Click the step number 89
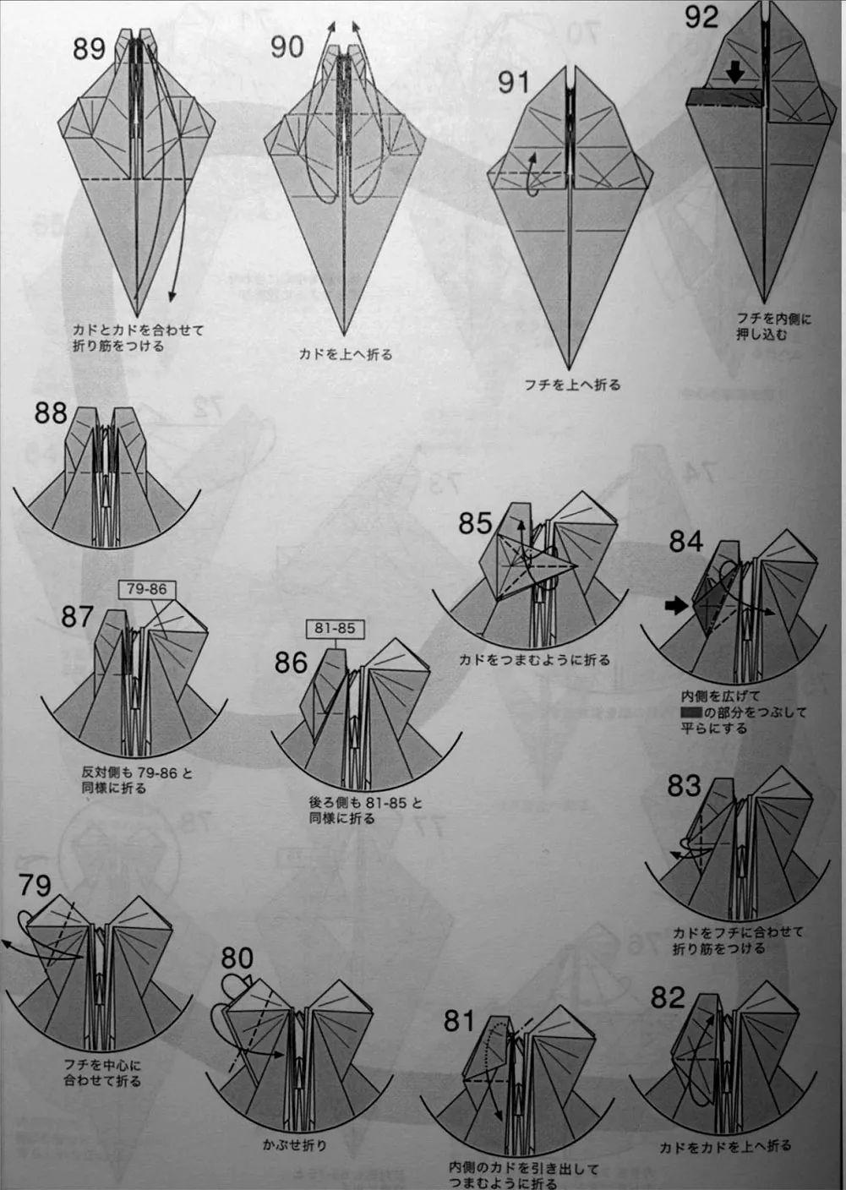coord(89,48)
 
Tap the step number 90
coord(287,46)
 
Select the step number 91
coord(514,82)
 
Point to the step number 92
coord(701,16)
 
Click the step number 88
coord(51,413)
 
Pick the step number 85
coord(475,523)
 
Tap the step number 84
coord(685,541)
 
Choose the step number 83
coord(684,785)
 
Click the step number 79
coord(35,886)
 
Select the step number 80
coord(237,958)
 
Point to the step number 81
coord(460,1021)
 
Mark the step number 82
coord(668,998)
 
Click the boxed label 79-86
coord(146,589)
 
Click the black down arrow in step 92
coord(735,74)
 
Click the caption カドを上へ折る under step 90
coord(346,354)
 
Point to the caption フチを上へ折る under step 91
coord(572,385)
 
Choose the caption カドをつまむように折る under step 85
coord(534,659)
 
